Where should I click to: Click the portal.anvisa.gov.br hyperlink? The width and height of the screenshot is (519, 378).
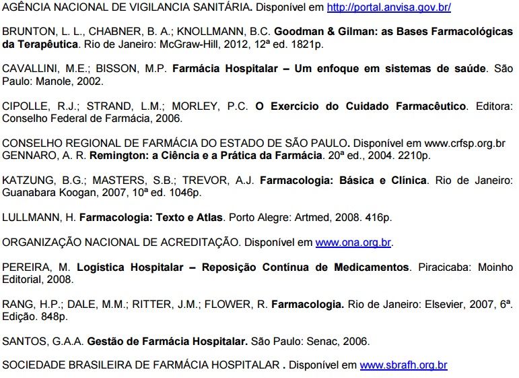[x=388, y=8]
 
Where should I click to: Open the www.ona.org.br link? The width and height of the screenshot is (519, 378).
[x=353, y=242]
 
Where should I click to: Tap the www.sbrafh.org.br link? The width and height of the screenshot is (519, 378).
[x=403, y=365]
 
